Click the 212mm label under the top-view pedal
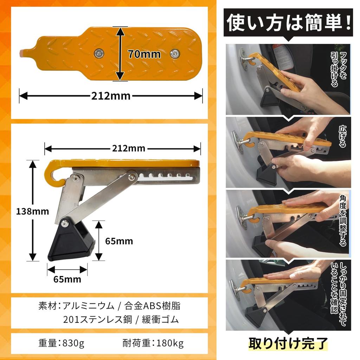point(111,95)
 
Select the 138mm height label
point(32,211)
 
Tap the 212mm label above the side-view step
point(129,148)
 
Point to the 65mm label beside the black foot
point(119,241)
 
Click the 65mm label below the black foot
point(67,279)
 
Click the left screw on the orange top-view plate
point(99,53)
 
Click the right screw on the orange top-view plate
point(174,53)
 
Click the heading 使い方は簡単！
point(288,23)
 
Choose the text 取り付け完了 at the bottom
point(288,343)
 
